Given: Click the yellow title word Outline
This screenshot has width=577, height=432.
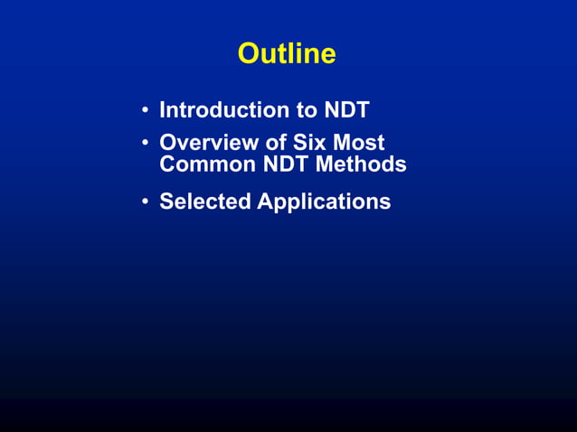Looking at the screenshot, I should coord(287,54).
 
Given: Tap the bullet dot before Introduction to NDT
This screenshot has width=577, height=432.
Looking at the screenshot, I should coord(145,111).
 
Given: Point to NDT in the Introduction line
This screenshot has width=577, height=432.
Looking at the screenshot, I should coord(346,110).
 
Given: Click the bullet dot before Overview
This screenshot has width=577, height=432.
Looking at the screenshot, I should coord(145,143).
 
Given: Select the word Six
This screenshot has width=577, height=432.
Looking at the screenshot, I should coord(312,143).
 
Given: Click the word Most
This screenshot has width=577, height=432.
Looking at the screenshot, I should coord(360,143).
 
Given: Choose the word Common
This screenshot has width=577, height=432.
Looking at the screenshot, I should coord(206,165).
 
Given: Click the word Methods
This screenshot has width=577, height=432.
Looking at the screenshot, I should coord(361,165).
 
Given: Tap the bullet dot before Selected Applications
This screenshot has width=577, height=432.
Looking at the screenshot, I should coord(145,202).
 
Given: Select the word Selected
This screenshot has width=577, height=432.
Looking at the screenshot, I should coord(204,201).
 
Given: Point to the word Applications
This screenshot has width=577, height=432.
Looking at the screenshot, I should coord(324,202).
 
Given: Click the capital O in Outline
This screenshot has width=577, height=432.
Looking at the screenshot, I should coord(249,54).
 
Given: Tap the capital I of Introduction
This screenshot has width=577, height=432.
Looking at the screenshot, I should coord(163,110).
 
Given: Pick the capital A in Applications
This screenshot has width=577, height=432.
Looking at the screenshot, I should coord(265,201).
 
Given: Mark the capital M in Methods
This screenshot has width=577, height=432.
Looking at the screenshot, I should coord(324,165).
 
